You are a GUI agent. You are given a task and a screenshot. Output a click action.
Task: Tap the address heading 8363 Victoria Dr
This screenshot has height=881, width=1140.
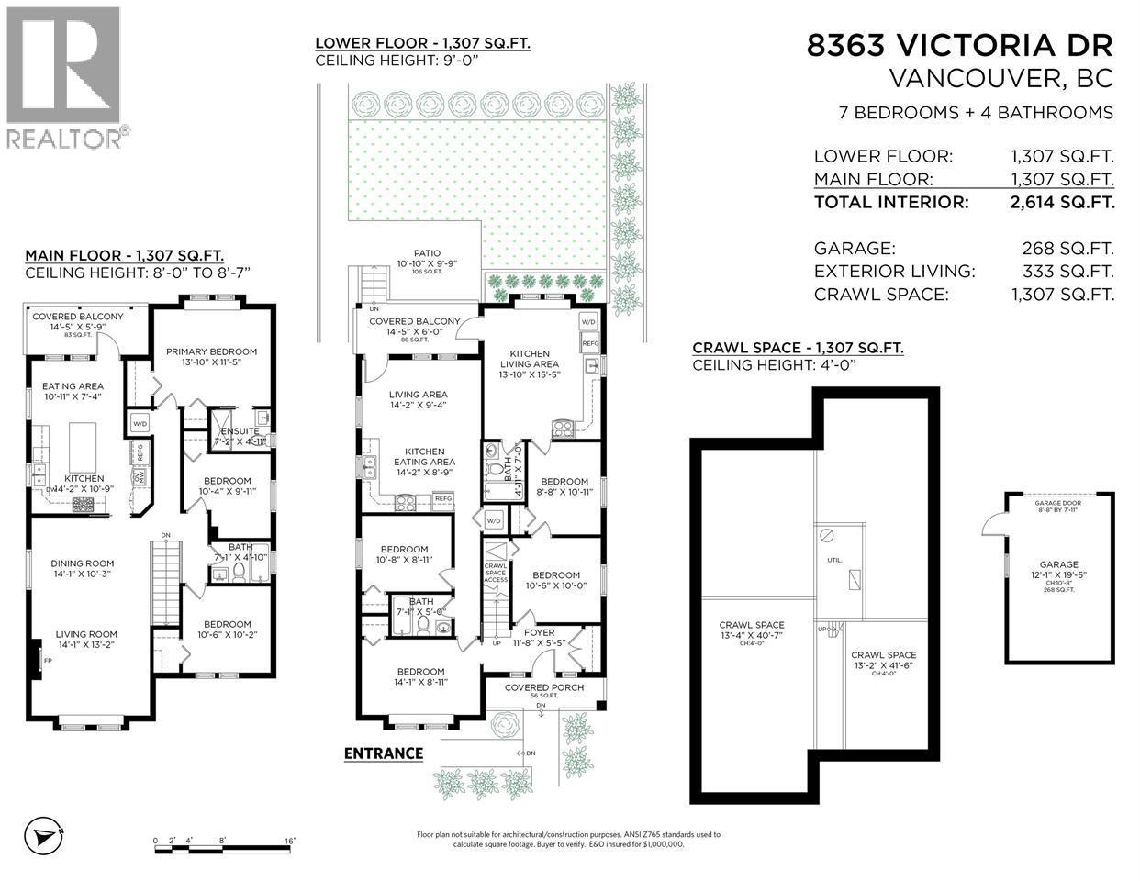959,45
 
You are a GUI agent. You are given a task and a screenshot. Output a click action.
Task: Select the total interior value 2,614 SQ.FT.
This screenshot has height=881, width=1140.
1063,203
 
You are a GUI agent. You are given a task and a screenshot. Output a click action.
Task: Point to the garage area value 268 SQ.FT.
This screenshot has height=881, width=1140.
1067,248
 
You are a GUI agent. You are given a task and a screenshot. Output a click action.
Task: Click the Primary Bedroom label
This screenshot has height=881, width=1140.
211,351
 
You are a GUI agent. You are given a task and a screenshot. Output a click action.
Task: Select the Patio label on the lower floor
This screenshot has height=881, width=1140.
427,253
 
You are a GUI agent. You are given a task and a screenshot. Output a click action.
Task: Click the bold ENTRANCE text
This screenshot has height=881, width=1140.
383,753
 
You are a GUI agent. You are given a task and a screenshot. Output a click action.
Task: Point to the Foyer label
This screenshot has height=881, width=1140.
540,632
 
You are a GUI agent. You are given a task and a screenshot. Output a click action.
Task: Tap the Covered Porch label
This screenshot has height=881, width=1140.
545,687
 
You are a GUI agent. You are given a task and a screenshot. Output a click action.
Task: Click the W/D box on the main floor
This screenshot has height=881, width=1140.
140,423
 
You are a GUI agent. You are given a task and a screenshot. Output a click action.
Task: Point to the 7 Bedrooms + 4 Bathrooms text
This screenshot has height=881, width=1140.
976,113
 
